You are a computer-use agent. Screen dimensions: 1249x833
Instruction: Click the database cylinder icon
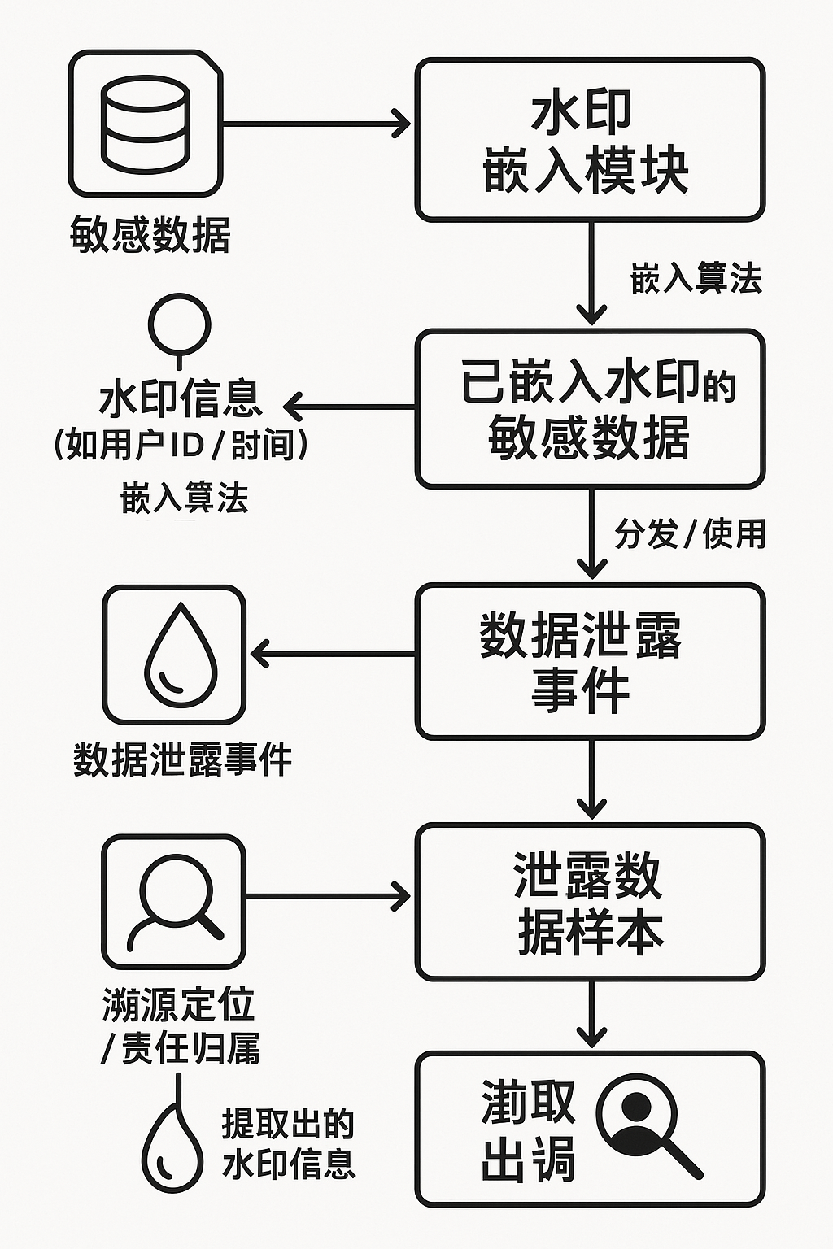146,124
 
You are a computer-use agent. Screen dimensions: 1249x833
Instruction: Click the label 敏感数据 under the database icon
150,235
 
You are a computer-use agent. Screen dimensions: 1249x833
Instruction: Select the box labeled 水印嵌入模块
590,139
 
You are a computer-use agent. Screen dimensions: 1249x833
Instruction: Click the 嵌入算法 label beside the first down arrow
696,279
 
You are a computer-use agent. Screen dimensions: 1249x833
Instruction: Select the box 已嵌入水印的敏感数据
590,408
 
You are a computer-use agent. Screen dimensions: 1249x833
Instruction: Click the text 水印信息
181,398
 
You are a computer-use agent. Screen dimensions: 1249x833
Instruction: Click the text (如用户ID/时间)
181,445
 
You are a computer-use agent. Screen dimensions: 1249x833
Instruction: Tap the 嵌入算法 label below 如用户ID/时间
185,498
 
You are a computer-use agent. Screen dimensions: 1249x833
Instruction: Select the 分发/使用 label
690,534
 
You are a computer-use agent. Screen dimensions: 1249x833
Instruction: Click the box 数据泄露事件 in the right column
590,660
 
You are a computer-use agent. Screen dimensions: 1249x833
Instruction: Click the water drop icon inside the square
173,655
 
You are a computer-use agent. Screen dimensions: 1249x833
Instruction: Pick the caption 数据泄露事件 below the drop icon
182,759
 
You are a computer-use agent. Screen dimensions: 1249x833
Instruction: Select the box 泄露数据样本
590,901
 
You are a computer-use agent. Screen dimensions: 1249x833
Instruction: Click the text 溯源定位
179,1005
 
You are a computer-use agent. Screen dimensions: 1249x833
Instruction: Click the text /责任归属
181,1048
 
